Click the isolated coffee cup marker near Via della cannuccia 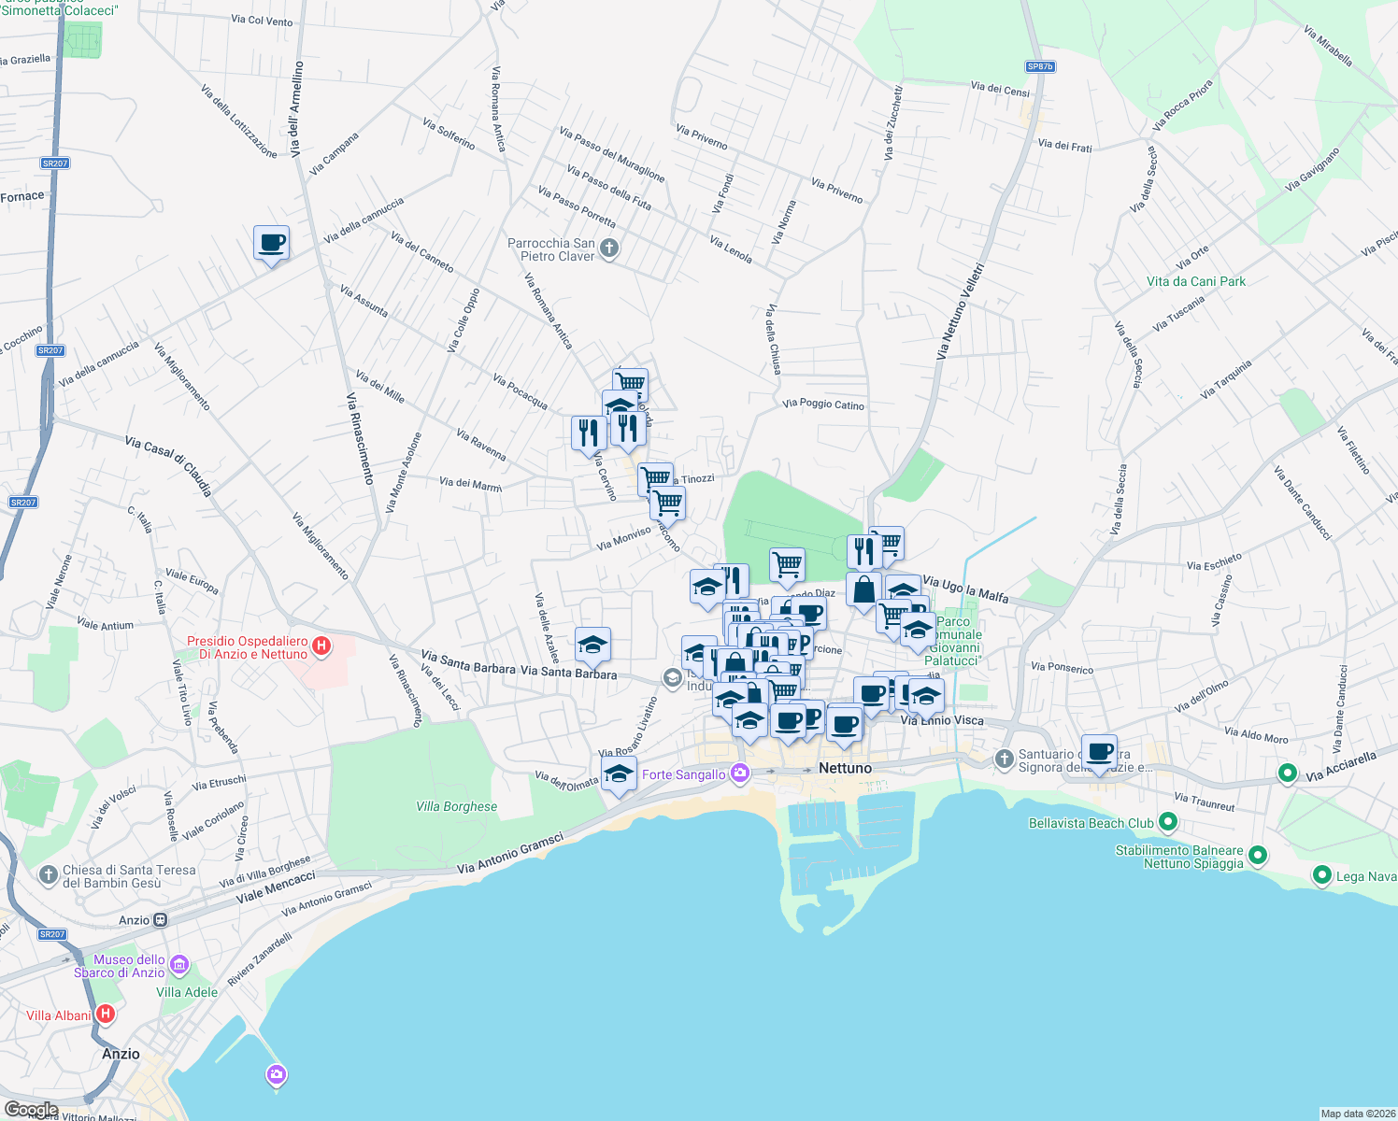(271, 244)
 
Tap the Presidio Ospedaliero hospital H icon (321, 646)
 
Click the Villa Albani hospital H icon (106, 1014)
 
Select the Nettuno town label (845, 768)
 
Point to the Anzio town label (121, 1054)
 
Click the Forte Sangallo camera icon (740, 773)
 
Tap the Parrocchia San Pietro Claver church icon (609, 248)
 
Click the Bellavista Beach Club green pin (1167, 822)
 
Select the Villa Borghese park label (457, 806)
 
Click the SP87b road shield (1040, 66)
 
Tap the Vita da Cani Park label (1196, 281)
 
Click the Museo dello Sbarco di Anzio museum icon (179, 965)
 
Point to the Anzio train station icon (161, 920)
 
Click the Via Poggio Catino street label (823, 404)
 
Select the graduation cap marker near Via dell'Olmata (619, 773)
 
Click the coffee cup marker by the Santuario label (1100, 752)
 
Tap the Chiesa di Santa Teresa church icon (49, 875)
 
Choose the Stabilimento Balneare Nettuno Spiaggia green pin (1258, 855)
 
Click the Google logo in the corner (31, 1110)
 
